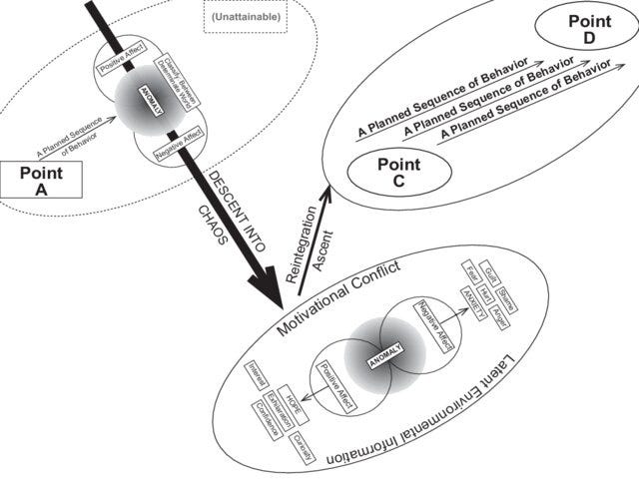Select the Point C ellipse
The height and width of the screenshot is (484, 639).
pos(399,172)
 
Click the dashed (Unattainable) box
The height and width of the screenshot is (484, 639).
pos(245,17)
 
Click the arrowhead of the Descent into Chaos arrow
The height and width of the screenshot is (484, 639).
pos(269,293)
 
